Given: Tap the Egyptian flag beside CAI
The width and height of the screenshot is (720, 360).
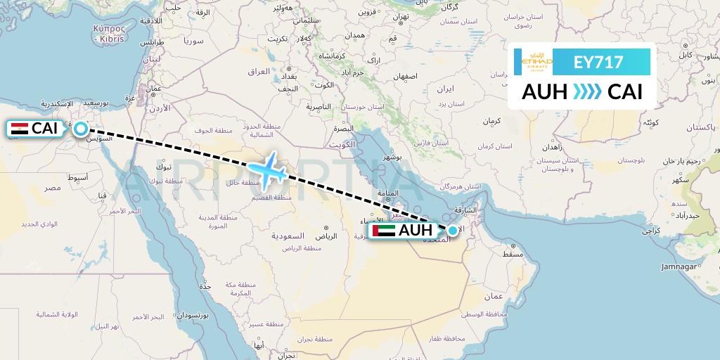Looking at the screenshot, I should [20, 129].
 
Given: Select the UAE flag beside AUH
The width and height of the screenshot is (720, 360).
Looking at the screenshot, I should [384, 231].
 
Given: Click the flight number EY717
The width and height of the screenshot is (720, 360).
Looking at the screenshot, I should [598, 62].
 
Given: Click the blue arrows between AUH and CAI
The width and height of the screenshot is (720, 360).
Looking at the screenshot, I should [582, 91].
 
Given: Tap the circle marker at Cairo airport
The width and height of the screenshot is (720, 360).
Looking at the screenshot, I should [81, 129].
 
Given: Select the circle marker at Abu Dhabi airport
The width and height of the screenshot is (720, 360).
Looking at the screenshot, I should [452, 230].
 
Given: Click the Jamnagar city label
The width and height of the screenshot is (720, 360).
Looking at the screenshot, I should [679, 266].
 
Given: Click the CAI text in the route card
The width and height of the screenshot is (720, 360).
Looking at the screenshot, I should [624, 91].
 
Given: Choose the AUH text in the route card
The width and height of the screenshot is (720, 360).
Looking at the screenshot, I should [544, 91].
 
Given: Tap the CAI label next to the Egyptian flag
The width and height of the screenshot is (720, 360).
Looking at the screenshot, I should [45, 129].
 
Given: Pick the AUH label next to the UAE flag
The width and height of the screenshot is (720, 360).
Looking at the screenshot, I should [416, 231].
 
